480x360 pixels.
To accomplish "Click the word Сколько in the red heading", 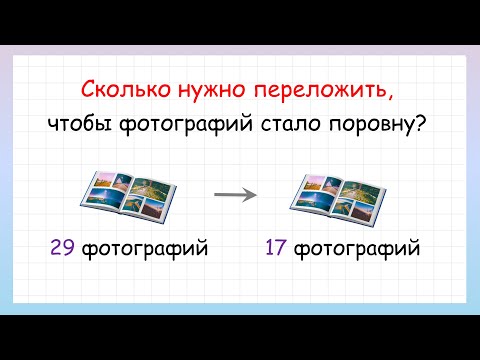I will pos(120,92).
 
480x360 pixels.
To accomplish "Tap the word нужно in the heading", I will pos(211,92).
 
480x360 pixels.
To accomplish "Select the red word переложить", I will pos(323,92).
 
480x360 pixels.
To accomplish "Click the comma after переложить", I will pos(391,97).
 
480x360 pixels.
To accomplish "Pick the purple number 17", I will pos(277,246).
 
